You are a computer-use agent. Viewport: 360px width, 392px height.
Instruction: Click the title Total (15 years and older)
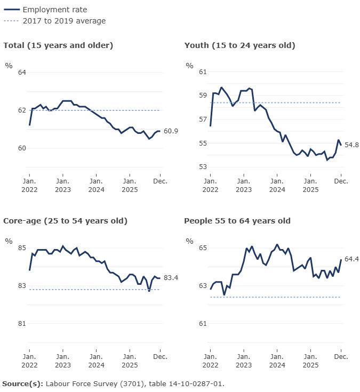pyautogui.click(x=58, y=45)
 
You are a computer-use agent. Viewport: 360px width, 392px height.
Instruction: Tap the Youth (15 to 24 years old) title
pyautogui.click(x=239, y=45)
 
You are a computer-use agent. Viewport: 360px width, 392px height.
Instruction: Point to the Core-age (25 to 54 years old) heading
pyautogui.click(x=65, y=221)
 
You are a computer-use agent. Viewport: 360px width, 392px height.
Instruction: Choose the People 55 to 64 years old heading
pyautogui.click(x=237, y=221)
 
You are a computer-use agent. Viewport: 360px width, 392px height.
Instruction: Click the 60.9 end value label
pyautogui.click(x=171, y=131)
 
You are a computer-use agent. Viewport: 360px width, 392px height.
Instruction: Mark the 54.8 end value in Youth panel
pyautogui.click(x=352, y=145)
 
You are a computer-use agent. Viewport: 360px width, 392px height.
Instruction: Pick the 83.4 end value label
pyautogui.click(x=171, y=278)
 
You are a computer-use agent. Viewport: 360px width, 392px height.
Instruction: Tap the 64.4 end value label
pyautogui.click(x=352, y=259)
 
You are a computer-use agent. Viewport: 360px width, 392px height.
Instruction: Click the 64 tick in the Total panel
pyautogui.click(x=22, y=73)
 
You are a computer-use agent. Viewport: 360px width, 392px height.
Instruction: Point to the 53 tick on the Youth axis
pyautogui.click(x=203, y=167)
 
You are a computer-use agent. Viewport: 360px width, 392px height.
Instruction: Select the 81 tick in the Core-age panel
pyautogui.click(x=22, y=324)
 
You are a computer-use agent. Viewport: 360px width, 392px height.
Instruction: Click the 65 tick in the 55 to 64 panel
pyautogui.click(x=203, y=248)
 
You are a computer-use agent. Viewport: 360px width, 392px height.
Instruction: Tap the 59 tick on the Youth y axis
pyautogui.click(x=203, y=95)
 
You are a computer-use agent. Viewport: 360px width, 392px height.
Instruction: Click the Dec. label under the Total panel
pyautogui.click(x=161, y=181)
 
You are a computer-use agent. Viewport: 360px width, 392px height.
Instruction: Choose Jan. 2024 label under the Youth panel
pyautogui.click(x=277, y=186)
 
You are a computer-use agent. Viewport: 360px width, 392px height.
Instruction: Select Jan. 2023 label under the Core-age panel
pyautogui.click(x=63, y=361)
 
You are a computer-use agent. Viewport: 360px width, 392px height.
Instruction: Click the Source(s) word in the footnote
pyautogui.click(x=22, y=383)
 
